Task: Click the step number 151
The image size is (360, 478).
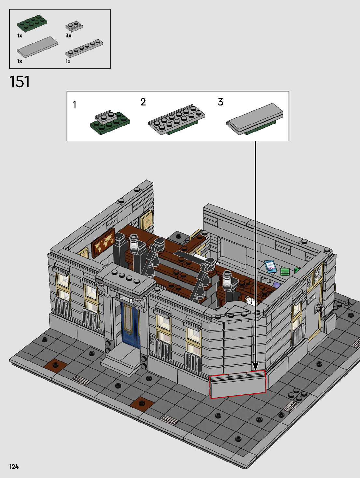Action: coord(19,82)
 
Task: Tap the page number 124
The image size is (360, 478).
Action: coord(14,467)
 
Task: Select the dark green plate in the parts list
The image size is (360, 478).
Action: coord(32,23)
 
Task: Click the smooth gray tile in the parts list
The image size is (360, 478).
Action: coord(37,47)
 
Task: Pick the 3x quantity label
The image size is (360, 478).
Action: coord(68,35)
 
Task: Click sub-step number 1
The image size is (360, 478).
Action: coord(75,105)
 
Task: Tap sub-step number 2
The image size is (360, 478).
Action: coord(143,102)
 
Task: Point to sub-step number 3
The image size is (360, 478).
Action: coord(220,102)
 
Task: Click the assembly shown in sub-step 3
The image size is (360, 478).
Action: coord(255,119)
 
